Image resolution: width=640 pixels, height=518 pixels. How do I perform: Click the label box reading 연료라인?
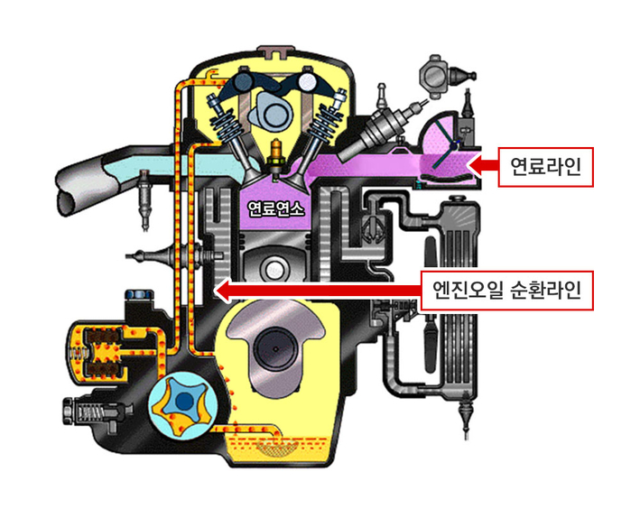coord(545,167)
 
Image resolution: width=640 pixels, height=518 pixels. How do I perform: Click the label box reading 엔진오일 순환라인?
coord(506,291)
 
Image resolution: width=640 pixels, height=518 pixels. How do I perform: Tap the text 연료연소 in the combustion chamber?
coord(275,209)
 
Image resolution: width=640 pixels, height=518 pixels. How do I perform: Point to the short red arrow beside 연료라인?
coord(482,166)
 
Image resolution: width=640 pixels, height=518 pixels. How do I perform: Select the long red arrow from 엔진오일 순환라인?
coord(318,291)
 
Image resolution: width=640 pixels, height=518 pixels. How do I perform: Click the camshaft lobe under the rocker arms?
coord(270,110)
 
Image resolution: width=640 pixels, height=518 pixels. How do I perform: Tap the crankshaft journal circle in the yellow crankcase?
coord(276,348)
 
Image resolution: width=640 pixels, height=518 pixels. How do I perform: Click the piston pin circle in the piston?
coord(273,270)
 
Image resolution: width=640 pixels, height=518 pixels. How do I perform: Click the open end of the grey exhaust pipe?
coord(68,201)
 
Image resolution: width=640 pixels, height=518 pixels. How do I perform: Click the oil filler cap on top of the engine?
coord(274,51)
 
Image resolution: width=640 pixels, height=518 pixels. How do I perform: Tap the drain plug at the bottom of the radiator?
coord(466,416)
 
